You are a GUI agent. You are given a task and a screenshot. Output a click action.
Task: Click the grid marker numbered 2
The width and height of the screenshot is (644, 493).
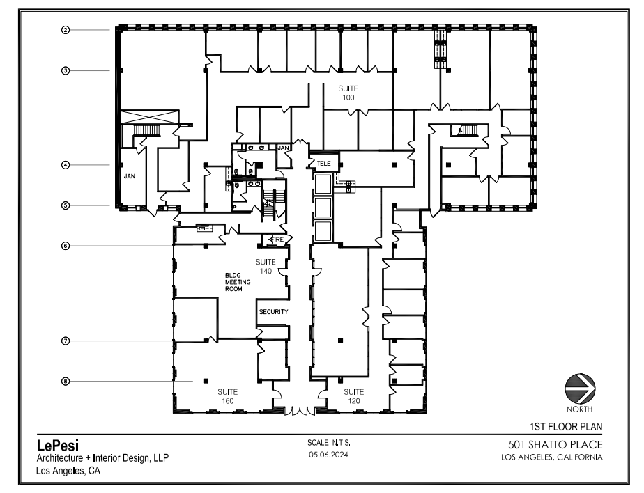click(x=65, y=30)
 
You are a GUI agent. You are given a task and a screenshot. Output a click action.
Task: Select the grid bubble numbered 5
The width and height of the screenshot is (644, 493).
click(x=65, y=205)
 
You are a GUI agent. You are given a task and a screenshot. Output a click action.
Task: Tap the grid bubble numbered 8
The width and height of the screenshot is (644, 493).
click(x=65, y=381)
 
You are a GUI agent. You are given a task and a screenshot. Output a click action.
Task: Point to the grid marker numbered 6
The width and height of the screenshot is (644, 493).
click(x=65, y=245)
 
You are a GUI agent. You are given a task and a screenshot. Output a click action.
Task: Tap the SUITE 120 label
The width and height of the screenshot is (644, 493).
click(x=354, y=396)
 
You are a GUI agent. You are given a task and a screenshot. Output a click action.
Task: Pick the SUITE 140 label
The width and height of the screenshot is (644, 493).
click(x=266, y=265)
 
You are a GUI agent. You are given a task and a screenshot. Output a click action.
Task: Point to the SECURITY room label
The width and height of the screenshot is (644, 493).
click(x=273, y=312)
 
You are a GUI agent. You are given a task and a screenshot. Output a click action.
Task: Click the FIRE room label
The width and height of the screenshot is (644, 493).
click(x=276, y=240)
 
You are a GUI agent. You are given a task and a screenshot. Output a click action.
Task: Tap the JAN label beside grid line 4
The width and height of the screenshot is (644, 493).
click(x=130, y=177)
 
